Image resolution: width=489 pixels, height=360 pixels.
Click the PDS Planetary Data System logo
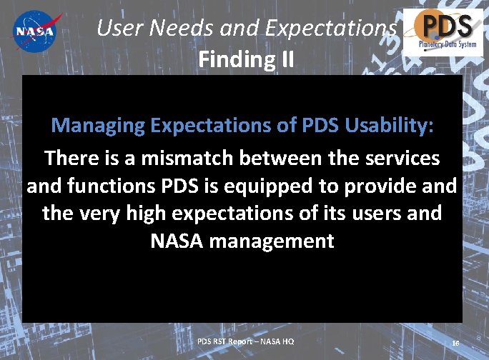click(x=438, y=31)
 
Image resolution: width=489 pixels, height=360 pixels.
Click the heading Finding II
click(x=245, y=59)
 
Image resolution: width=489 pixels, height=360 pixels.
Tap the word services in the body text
click(x=396, y=157)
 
